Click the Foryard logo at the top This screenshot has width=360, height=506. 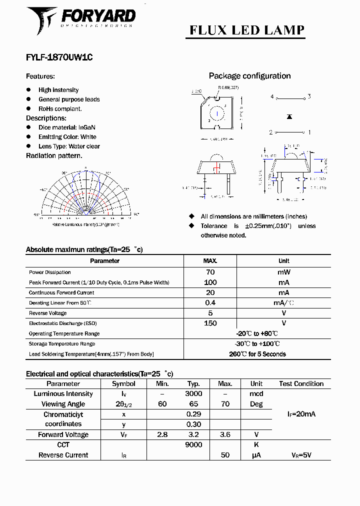[80, 20]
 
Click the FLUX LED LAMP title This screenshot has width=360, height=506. [246, 30]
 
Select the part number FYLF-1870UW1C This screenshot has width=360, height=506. [59, 57]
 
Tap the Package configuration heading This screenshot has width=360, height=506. [249, 76]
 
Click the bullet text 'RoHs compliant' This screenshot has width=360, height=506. [60, 108]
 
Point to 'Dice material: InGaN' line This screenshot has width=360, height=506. [66, 127]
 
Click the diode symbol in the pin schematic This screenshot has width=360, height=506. [289, 116]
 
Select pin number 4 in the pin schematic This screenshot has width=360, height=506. [272, 96]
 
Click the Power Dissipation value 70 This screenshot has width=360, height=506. [210, 272]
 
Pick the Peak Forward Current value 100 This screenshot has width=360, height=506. [210, 282]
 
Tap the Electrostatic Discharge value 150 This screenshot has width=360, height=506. [210, 323]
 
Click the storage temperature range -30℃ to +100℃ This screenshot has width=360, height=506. [257, 344]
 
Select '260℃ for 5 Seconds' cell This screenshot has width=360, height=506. [257, 354]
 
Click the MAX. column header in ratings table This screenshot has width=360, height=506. [210, 261]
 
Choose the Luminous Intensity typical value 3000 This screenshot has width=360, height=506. [193, 394]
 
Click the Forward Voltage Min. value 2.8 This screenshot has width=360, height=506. [162, 435]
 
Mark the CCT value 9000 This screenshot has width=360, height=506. [193, 445]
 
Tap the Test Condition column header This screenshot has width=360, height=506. [301, 384]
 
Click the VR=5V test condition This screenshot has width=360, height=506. [301, 455]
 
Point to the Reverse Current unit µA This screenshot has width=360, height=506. [256, 455]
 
